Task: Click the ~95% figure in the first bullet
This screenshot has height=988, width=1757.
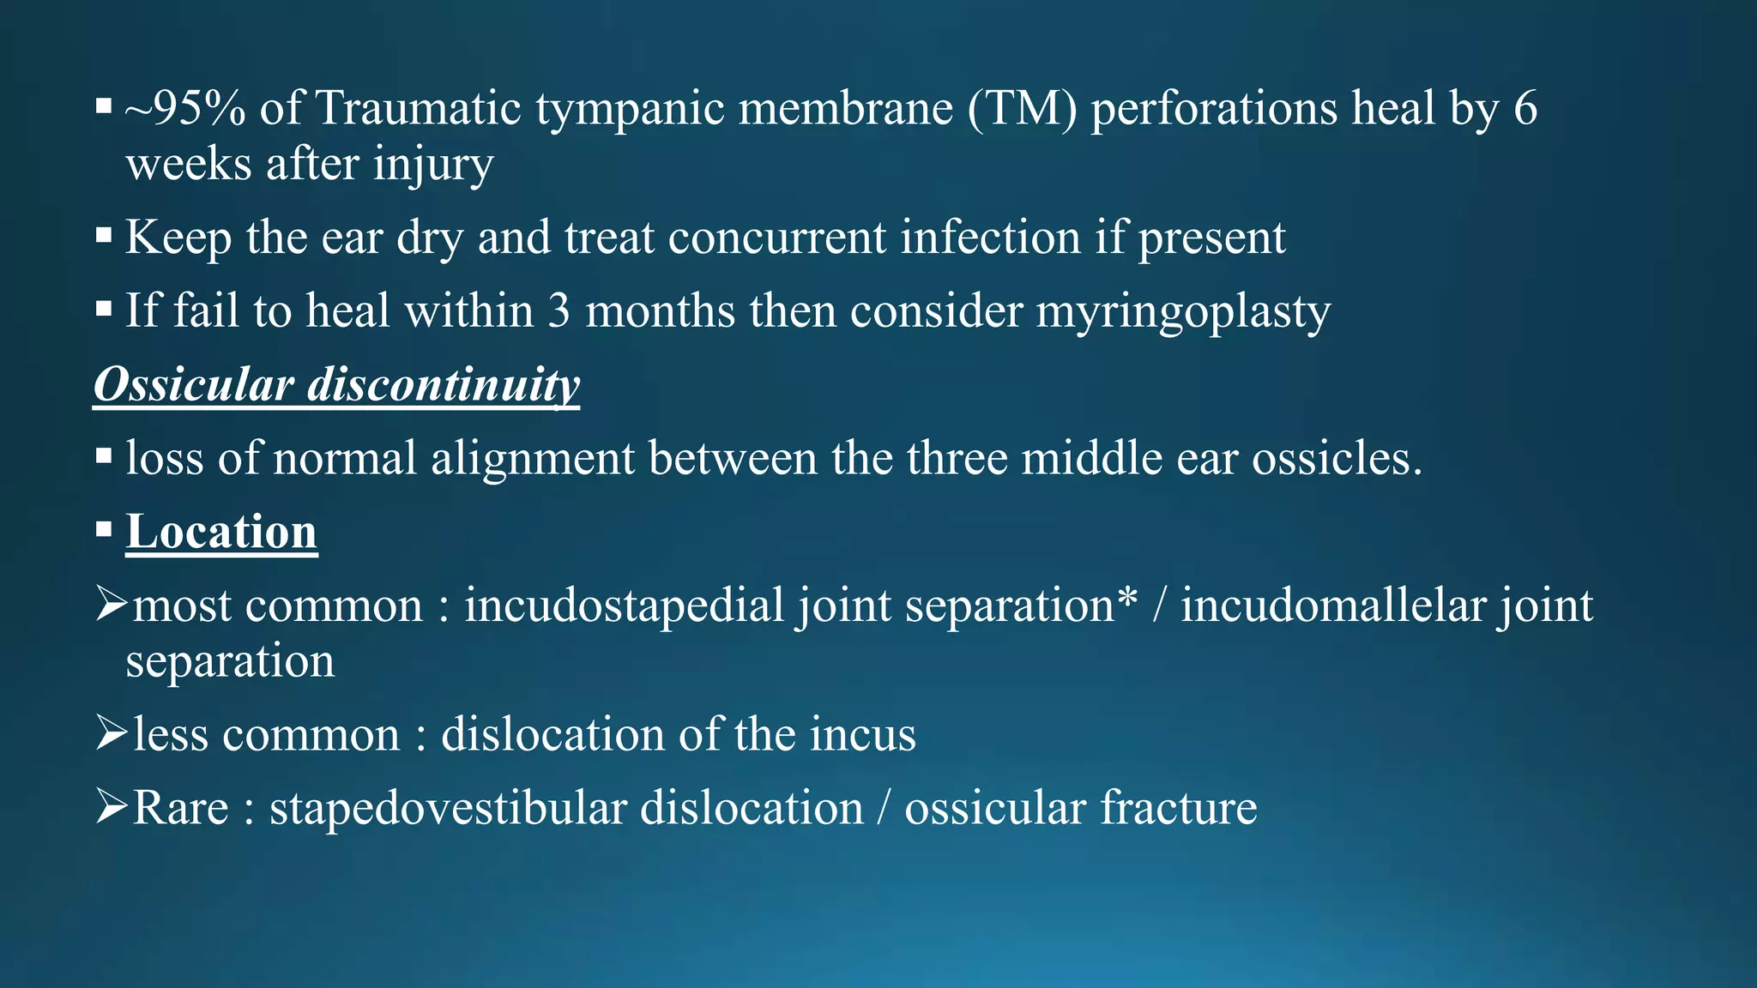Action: (185, 109)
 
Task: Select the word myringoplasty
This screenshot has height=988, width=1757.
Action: (1183, 311)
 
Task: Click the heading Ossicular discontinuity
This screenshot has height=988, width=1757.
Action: (336, 384)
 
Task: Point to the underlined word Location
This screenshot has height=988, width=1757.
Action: (222, 532)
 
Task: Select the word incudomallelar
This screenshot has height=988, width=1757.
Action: (1332, 605)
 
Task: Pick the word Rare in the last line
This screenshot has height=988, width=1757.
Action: (181, 808)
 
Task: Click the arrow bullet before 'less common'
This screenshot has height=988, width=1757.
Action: (111, 733)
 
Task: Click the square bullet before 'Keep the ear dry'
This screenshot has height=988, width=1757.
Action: (104, 236)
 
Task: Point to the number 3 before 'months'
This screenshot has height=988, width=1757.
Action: (558, 311)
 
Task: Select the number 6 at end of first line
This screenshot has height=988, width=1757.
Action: (1525, 109)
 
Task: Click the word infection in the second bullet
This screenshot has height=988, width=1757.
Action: (990, 238)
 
